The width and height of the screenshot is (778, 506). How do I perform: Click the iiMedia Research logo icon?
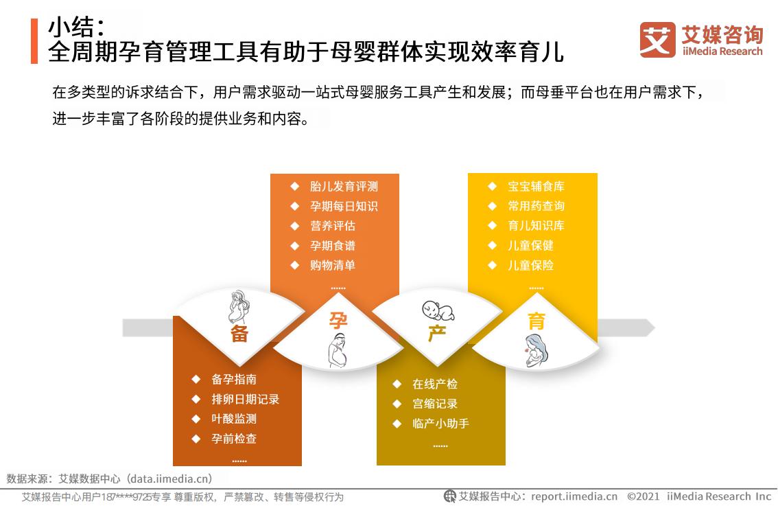pyautogui.click(x=657, y=40)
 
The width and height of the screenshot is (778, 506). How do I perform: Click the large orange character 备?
pyautogui.click(x=239, y=334)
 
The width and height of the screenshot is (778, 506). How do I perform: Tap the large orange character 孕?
pyautogui.click(x=338, y=321)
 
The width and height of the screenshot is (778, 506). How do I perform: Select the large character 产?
pyautogui.click(x=436, y=334)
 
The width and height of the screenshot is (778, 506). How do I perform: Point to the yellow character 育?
pyautogui.click(x=537, y=321)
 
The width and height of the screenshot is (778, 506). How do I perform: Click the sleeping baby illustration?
pyautogui.click(x=438, y=310)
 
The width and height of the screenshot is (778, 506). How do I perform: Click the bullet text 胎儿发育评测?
pyautogui.click(x=344, y=186)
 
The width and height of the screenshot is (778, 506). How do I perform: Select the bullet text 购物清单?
pyautogui.click(x=333, y=265)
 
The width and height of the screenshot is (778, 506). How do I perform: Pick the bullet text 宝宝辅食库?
pyautogui.click(x=536, y=186)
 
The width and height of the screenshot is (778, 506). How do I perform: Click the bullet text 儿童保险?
pyautogui.click(x=530, y=265)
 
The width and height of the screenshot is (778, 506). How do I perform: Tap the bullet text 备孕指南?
pyautogui.click(x=234, y=380)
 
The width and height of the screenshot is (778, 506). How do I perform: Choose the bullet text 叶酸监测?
pyautogui.click(x=234, y=419)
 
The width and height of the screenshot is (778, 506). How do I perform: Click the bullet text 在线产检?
pyautogui.click(x=435, y=384)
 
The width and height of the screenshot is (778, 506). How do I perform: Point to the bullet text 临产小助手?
pyautogui.click(x=440, y=424)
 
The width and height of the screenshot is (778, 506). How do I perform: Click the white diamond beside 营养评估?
pyautogui.click(x=295, y=226)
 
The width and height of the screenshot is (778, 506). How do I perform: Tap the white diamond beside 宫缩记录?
pyautogui.click(x=397, y=404)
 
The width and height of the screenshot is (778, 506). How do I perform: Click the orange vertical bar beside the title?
pyautogui.click(x=34, y=41)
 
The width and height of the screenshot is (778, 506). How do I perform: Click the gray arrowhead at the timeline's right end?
pyautogui.click(x=649, y=327)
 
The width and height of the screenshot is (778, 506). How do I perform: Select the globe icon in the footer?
pyautogui.click(x=449, y=496)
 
